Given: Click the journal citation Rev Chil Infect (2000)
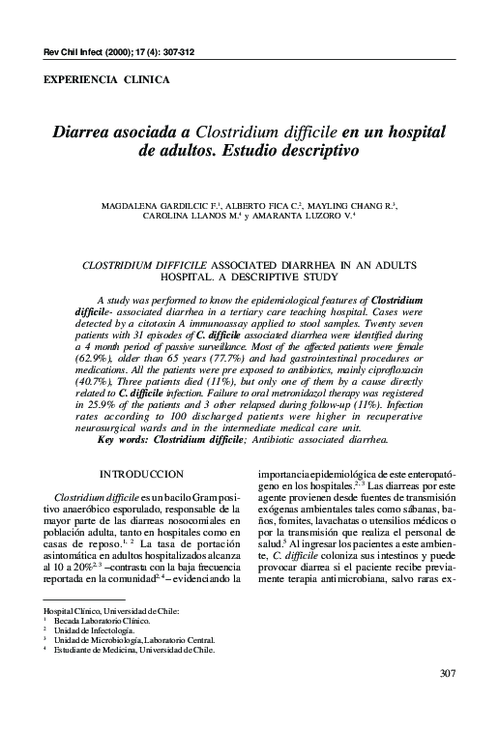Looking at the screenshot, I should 77,50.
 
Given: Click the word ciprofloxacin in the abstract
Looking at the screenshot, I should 402,357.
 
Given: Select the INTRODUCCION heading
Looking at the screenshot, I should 145,473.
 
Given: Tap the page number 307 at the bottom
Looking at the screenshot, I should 447,699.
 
